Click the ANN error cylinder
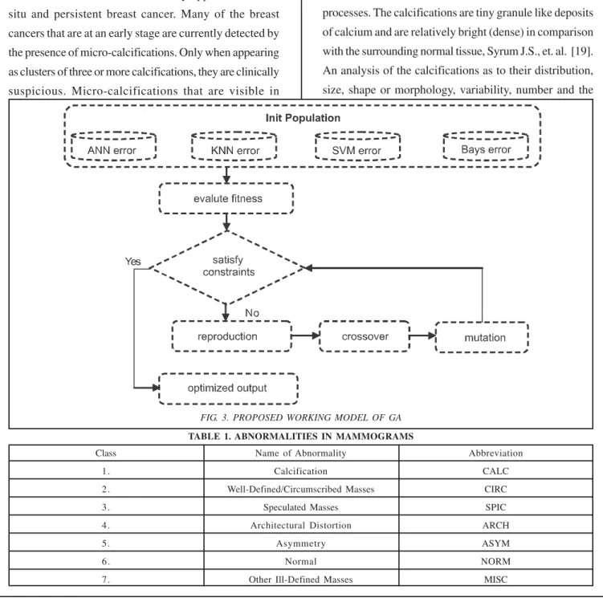[x=113, y=146]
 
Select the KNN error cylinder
[x=234, y=146]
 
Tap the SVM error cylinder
[x=357, y=146]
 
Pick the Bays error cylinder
[x=486, y=146]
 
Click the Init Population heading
[x=303, y=118]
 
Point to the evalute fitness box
[x=226, y=198]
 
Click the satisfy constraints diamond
[x=227, y=267]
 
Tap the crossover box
[x=365, y=336]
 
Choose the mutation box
[x=482, y=337]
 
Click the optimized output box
[x=228, y=388]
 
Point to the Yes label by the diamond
[x=132, y=262]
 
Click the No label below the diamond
[x=252, y=313]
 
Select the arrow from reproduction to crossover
[x=306, y=336]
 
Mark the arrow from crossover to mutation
[x=422, y=336]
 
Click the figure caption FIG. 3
[x=301, y=417]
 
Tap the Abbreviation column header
[x=495, y=454]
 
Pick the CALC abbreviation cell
[x=495, y=471]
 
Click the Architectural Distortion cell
[x=301, y=525]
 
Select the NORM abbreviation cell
[x=495, y=561]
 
